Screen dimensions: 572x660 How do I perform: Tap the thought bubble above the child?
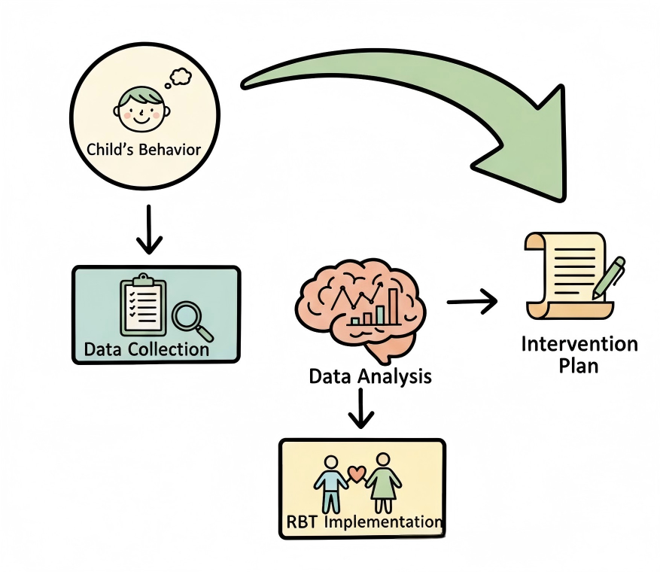point(181,75)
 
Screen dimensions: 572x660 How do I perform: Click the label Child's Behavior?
point(144,149)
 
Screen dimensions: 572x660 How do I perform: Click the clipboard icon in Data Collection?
point(143,307)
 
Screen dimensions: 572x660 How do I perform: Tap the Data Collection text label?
point(147,349)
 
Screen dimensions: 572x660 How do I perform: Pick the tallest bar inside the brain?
point(392,306)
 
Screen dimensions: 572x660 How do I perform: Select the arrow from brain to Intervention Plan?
point(472,302)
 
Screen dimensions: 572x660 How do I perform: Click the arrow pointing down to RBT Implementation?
point(361,410)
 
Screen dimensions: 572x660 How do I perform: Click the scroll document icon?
point(564,275)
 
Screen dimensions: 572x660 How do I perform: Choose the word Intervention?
point(579,345)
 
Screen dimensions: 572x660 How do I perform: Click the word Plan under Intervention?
point(579,367)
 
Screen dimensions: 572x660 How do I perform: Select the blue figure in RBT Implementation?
point(330,482)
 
